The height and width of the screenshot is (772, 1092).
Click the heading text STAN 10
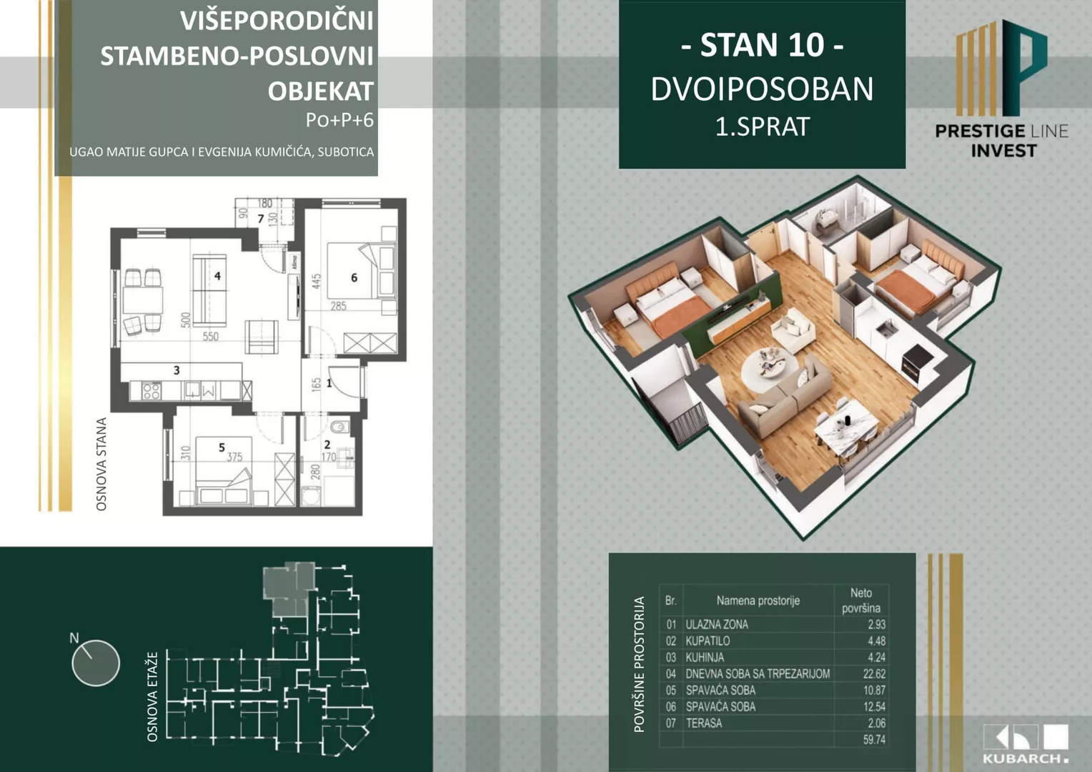coord(762,46)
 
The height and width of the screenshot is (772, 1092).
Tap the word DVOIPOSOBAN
coord(762,89)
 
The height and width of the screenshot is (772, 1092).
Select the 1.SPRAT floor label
coord(762,127)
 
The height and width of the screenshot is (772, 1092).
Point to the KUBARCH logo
coord(1026,744)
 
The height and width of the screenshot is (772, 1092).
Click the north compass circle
coord(96,663)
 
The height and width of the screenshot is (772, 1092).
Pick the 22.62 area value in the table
coord(873,673)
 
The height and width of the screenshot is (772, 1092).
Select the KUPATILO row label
coord(708,640)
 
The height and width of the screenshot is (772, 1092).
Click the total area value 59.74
coord(873,740)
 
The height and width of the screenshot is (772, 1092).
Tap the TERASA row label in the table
coord(704,723)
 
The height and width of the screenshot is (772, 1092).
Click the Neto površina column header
coord(860,600)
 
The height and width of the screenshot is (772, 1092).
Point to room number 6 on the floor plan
coord(354,277)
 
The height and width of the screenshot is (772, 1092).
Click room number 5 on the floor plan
coord(222,447)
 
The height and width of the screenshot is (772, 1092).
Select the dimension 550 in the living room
coord(210,336)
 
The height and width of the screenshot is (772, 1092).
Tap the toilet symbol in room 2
coord(339,428)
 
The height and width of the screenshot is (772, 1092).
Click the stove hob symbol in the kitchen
coord(151,390)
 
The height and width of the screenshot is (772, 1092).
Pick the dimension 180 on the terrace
coord(264,204)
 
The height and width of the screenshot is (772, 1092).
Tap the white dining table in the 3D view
coord(847,430)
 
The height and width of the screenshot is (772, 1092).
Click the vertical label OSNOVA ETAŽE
coord(152,697)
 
